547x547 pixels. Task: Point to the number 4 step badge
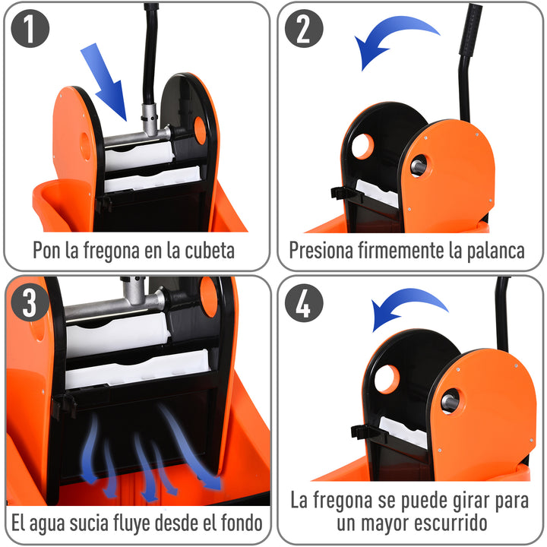(x=304, y=303)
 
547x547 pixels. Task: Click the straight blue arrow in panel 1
(x=106, y=81)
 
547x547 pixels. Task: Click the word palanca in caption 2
(x=492, y=251)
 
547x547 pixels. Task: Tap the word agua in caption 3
(x=55, y=523)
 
